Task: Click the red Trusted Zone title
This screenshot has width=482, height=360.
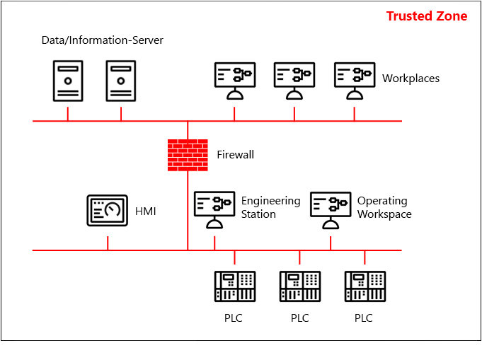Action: click(x=426, y=16)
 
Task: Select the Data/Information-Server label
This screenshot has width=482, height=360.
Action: click(x=103, y=40)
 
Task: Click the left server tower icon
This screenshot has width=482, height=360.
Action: click(x=68, y=81)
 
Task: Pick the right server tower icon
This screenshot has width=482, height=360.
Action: click(x=120, y=81)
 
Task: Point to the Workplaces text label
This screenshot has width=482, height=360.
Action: click(x=411, y=79)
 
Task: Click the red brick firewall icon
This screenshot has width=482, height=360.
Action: click(x=188, y=155)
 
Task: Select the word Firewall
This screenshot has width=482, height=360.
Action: click(x=235, y=155)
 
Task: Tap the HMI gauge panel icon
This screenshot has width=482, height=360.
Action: click(x=108, y=211)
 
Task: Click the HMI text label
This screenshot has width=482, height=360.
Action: click(x=145, y=211)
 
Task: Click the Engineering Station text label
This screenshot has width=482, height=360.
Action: click(x=270, y=207)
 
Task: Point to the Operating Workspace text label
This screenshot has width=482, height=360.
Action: click(x=384, y=207)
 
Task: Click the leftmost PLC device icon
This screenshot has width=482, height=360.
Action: click(x=235, y=286)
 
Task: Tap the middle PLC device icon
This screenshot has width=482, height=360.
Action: click(x=299, y=286)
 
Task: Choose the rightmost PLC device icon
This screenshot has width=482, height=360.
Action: click(x=365, y=286)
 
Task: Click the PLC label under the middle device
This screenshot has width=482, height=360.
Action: click(x=299, y=318)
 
